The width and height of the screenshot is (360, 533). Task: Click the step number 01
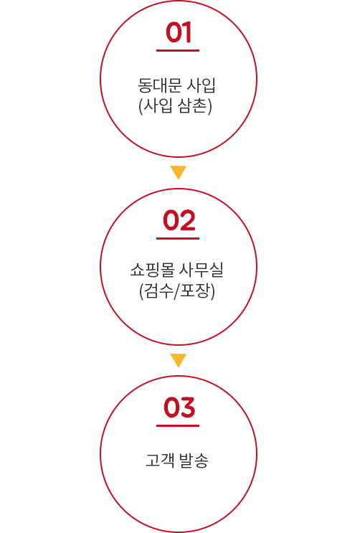tap(178, 32)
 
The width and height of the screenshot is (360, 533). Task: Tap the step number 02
tap(179, 220)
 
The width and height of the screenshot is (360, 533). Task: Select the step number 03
tap(179, 407)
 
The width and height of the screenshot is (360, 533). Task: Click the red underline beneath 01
tap(178, 50)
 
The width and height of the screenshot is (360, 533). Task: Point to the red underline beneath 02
tap(178, 238)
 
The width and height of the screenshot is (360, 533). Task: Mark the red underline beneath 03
tap(178, 425)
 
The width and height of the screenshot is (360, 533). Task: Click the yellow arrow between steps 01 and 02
tap(178, 172)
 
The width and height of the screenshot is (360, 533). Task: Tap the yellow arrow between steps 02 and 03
tap(178, 360)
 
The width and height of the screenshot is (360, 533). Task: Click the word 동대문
tap(159, 85)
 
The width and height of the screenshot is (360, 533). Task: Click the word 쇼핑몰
tap(152, 270)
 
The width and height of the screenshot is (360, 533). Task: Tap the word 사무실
tap(202, 270)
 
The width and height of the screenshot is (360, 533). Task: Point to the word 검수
tap(158, 291)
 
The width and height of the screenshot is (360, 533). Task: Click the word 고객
tap(159, 461)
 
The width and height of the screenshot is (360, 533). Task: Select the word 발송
tap(194, 461)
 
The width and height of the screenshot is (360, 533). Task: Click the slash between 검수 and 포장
tap(176, 292)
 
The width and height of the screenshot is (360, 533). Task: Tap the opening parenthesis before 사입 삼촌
tap(141, 106)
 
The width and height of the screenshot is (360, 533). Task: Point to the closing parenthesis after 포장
tap(212, 292)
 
